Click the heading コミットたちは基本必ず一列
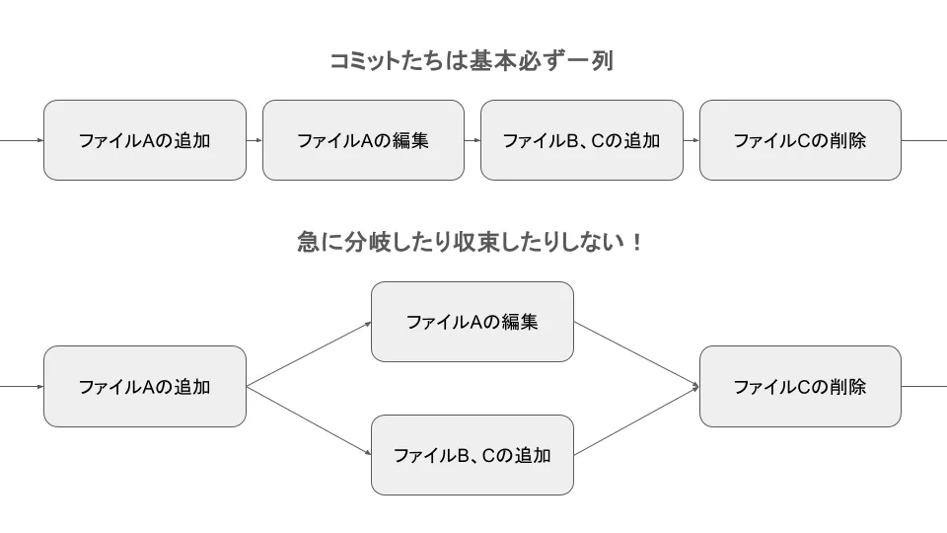(472, 61)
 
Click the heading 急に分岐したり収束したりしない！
(472, 242)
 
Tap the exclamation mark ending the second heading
(636, 242)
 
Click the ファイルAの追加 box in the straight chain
(145, 140)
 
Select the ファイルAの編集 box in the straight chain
(363, 140)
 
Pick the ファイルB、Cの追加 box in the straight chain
(581, 140)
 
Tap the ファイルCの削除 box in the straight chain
(800, 140)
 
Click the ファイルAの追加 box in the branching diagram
(145, 386)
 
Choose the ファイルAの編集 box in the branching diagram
(472, 322)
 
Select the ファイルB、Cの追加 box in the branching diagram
(472, 455)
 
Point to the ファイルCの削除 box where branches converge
(800, 386)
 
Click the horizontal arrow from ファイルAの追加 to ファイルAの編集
(255, 140)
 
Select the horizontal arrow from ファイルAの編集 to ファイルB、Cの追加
(473, 140)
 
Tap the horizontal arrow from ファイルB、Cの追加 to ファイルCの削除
(692, 140)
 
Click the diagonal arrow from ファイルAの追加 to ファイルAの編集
(309, 353)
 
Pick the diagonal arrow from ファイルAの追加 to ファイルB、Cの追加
(309, 420)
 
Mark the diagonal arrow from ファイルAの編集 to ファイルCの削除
(636, 353)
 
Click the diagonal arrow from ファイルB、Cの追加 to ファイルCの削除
(636, 421)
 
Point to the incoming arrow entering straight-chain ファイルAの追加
(22, 140)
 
